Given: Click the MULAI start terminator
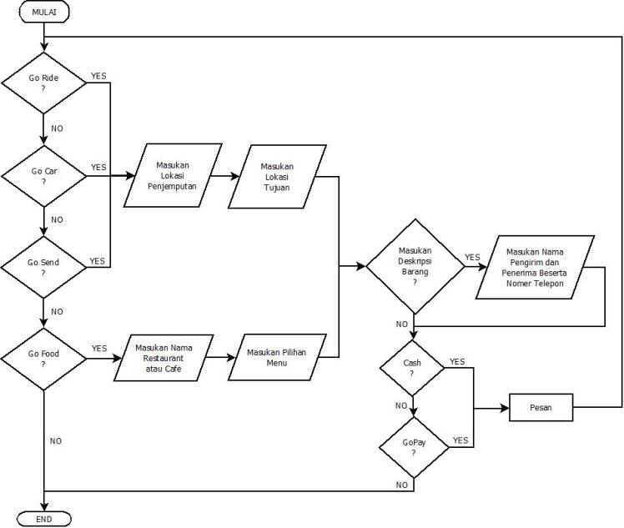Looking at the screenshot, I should (x=43, y=12).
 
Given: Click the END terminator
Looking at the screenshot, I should (x=43, y=519).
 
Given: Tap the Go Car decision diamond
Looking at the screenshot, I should (x=43, y=176).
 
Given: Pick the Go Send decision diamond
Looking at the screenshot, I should (x=43, y=267).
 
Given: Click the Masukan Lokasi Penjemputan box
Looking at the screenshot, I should (x=173, y=176).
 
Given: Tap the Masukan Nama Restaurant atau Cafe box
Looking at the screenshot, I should (x=164, y=359).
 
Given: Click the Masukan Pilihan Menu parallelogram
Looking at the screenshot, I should (x=276, y=359).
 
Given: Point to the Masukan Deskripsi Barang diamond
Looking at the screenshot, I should (x=414, y=267).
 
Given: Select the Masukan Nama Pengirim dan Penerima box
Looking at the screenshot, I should (x=535, y=267).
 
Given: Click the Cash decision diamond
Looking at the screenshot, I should (x=413, y=369).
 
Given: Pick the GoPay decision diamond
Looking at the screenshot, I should (x=413, y=448).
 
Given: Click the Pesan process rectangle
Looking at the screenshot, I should (x=541, y=408).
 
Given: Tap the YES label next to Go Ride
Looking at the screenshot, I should (x=98, y=75).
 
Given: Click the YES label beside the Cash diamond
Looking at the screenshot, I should (x=457, y=361).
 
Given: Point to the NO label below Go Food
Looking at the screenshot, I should (x=56, y=440).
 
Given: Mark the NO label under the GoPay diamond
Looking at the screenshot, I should (x=402, y=485).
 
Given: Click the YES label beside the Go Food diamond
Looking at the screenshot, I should (x=98, y=349).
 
